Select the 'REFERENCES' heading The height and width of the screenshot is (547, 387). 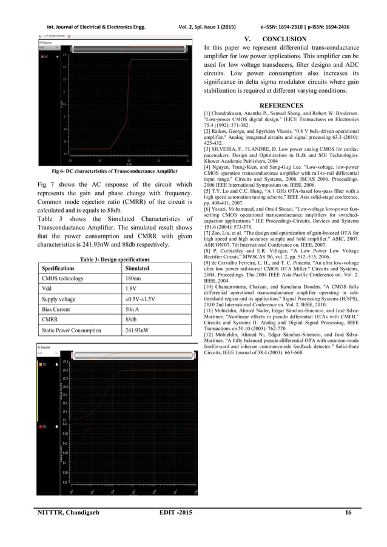(x=279, y=105)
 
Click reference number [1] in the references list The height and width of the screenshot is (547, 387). (x=207, y=113)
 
